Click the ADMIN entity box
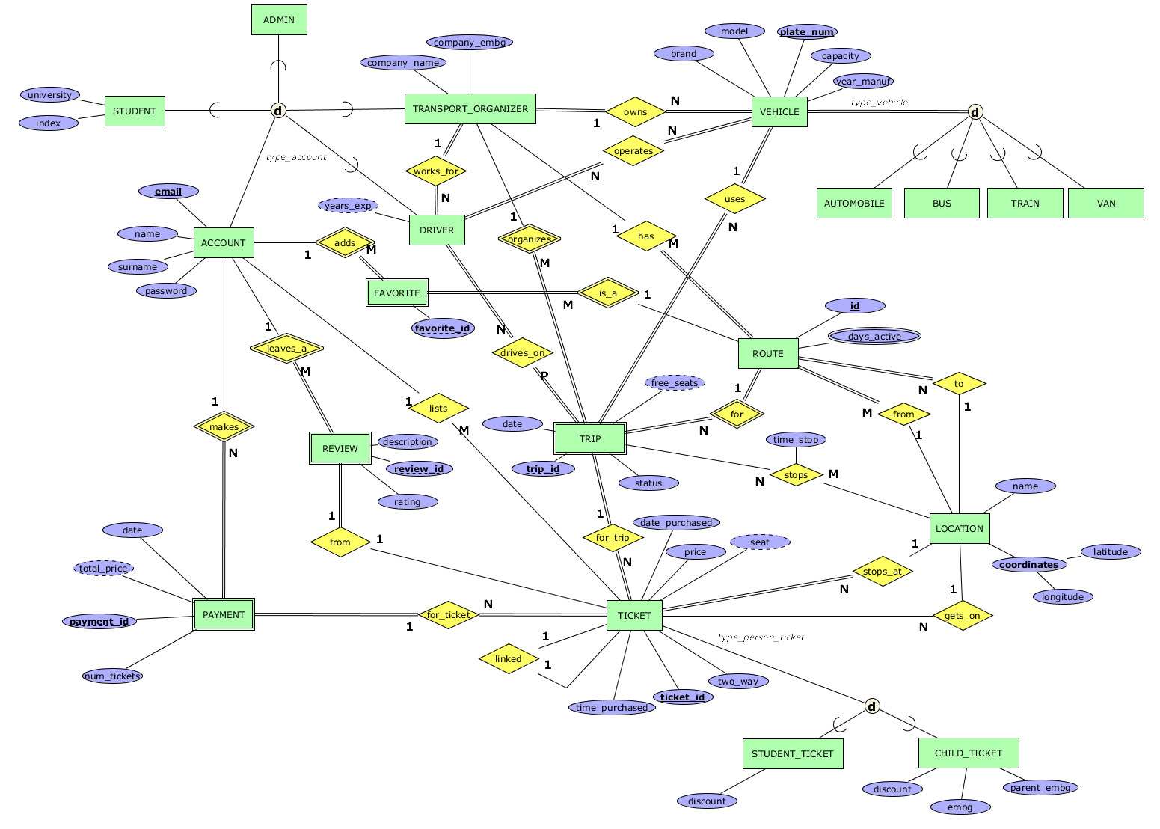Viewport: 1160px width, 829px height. tap(278, 20)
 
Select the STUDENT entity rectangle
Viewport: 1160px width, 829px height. tap(135, 111)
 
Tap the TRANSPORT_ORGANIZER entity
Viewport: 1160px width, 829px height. tap(470, 109)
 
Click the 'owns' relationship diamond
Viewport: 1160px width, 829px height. tap(635, 112)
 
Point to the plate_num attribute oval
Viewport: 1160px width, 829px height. tap(806, 31)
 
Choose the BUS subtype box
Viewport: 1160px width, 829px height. tap(942, 203)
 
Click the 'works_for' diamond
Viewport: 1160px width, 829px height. tap(436, 171)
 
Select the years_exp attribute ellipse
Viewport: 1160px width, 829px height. tap(348, 205)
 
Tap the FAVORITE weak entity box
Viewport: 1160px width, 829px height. tap(396, 293)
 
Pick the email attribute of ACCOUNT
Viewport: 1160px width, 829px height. tap(168, 192)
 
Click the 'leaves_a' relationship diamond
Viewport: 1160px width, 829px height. tap(286, 349)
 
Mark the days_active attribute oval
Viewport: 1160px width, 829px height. tap(874, 337)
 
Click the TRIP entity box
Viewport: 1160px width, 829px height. tap(589, 439)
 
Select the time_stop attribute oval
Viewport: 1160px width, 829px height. tap(796, 439)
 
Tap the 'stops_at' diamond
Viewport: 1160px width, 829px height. tap(883, 572)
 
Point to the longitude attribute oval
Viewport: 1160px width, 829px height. tap(1062, 596)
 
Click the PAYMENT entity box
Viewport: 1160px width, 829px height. tap(224, 615)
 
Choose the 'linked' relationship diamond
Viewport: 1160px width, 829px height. tap(509, 659)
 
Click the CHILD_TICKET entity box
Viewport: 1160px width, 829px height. tap(968, 753)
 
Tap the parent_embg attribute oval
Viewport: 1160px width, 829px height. tap(1040, 787)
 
